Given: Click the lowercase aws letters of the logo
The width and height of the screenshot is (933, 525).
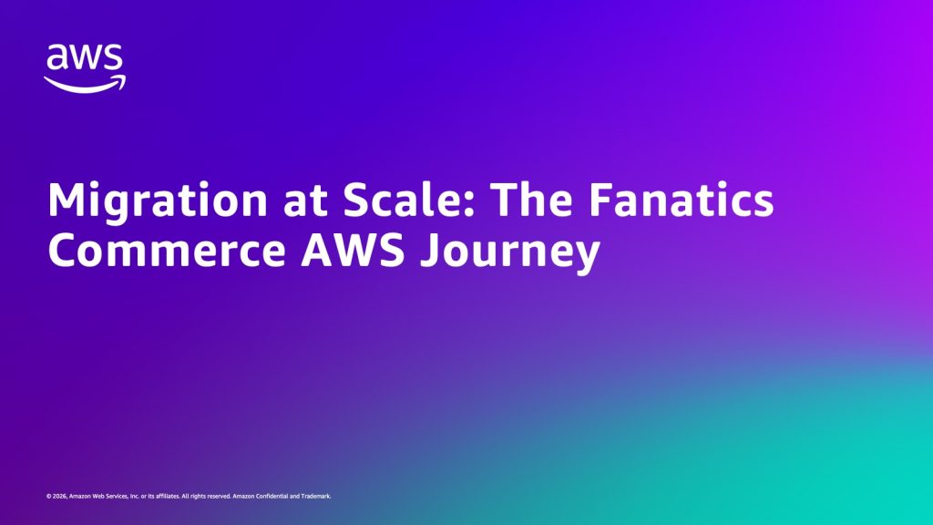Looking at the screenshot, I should [x=85, y=57].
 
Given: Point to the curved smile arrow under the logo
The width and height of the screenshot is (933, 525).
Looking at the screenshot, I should [x=85, y=83].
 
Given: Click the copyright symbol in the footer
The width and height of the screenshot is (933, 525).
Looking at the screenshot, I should [x=47, y=496].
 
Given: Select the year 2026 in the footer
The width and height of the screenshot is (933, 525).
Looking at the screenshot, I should [x=58, y=496].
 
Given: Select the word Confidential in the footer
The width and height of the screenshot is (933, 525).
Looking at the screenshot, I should [x=269, y=496].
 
